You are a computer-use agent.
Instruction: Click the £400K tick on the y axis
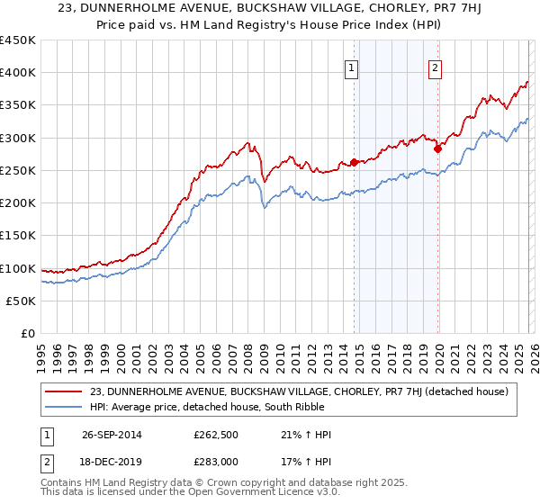tap(18, 73)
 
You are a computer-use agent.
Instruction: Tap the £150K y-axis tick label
tap(18, 235)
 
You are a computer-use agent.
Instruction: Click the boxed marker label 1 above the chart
tap(350, 67)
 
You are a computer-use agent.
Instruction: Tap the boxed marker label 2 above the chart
tap(435, 67)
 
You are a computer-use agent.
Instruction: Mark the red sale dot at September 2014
tap(355, 162)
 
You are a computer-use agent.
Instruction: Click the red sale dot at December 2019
tap(438, 149)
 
